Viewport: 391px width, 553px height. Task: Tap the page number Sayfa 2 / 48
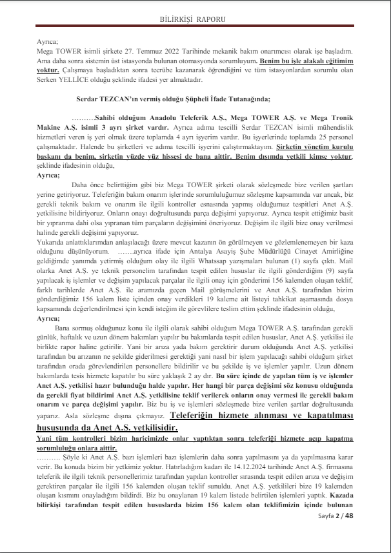point(336,534)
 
